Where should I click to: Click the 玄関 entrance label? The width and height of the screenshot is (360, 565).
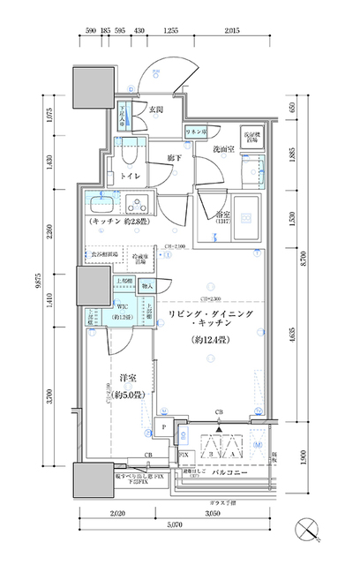155,110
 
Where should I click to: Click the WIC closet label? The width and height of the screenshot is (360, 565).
123,308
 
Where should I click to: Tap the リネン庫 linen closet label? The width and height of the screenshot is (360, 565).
195,132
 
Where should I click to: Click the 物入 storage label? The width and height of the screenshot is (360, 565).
147,286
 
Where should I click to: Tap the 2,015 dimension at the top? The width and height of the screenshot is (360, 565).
232,32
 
